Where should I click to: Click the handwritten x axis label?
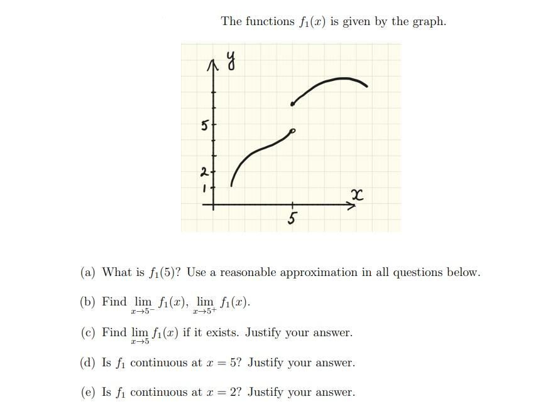tap(357, 196)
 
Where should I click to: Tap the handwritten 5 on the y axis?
tap(204, 125)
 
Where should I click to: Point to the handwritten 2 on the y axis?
tap(204, 171)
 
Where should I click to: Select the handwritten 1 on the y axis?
tap(204, 187)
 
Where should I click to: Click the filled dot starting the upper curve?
tap(292, 103)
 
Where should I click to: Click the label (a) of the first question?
tap(88, 272)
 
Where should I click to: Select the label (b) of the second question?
tap(88, 302)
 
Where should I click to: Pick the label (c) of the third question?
tap(88, 332)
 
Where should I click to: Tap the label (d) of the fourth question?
tap(88, 363)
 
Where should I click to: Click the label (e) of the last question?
tap(88, 393)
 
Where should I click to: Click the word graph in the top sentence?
tap(429, 21)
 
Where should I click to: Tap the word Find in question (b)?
tap(114, 302)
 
